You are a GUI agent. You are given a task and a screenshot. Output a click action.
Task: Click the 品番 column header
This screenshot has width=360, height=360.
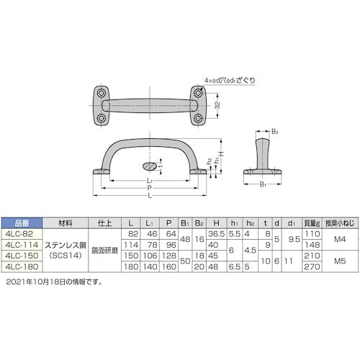(x=21, y=224)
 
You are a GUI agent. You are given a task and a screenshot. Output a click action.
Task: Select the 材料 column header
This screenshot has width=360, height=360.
(x=66, y=224)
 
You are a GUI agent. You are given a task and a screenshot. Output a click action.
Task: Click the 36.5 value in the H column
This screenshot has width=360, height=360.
(x=214, y=234)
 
